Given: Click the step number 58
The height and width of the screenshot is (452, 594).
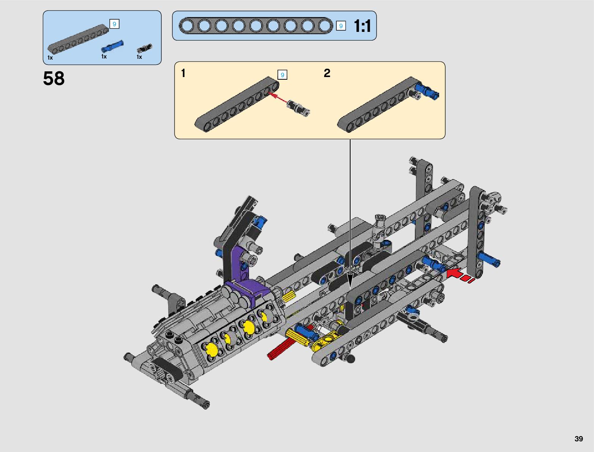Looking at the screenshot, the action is [x=54, y=79].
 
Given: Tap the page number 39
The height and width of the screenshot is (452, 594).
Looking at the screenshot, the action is [x=578, y=438].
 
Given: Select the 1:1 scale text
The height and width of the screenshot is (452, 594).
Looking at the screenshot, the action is [x=362, y=26].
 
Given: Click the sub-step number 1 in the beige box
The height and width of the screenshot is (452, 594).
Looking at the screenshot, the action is [x=183, y=73].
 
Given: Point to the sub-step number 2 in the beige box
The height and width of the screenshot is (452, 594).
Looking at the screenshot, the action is [x=327, y=73].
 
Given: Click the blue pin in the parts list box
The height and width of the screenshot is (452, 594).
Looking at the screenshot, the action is [x=112, y=46].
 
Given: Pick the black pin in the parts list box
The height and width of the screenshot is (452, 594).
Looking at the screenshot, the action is [x=145, y=48].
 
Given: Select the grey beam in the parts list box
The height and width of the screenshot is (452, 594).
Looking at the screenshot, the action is [x=78, y=39].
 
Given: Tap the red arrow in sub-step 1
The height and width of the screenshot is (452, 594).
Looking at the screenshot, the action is [x=278, y=98].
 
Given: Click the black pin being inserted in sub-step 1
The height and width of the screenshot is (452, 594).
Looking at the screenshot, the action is [x=298, y=108].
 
